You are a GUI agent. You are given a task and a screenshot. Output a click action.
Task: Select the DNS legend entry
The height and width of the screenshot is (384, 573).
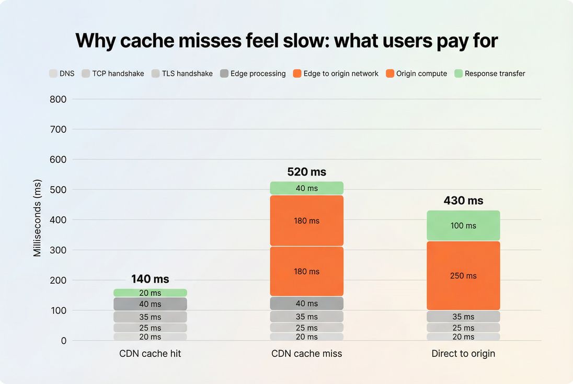[62, 74]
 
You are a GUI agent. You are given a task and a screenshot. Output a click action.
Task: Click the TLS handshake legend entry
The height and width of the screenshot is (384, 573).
[182, 74]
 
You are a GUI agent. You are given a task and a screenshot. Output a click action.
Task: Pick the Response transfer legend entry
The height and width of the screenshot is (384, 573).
[490, 74]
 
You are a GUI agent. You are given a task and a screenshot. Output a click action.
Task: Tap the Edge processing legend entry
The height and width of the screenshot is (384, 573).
[253, 74]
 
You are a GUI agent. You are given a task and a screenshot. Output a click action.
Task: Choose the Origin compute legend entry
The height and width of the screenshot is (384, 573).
[417, 74]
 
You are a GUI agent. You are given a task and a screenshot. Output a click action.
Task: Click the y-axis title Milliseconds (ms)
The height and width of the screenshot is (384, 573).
[37, 219]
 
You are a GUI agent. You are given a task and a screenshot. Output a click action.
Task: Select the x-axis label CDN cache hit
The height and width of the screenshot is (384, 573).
[150, 354]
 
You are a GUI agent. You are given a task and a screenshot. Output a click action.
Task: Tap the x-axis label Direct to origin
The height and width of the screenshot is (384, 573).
[463, 354]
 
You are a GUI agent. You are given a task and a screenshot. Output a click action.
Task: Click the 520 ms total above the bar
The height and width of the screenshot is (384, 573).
[306, 172]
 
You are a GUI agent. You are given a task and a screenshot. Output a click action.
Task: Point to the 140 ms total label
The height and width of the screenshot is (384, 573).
[150, 279]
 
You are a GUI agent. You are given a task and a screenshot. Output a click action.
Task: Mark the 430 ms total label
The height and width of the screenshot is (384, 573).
[463, 201]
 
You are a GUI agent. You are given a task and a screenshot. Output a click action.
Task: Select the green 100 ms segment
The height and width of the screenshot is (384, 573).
[463, 226]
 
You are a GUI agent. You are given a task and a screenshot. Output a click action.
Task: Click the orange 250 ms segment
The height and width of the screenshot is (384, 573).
[463, 275]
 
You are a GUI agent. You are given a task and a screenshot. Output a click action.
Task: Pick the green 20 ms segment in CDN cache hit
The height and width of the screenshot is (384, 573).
[150, 293]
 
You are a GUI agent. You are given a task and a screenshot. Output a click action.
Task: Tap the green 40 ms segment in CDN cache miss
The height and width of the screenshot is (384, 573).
[306, 188]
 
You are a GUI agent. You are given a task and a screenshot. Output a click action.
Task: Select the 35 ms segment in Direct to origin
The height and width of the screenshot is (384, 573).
[463, 317]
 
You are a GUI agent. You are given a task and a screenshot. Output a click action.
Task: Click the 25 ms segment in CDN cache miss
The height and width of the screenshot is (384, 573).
[306, 328]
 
